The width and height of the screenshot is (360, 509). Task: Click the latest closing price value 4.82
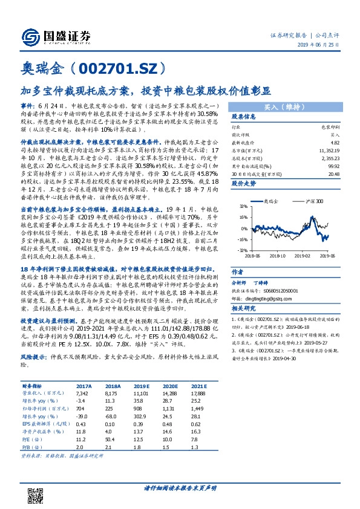tap(330, 140)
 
